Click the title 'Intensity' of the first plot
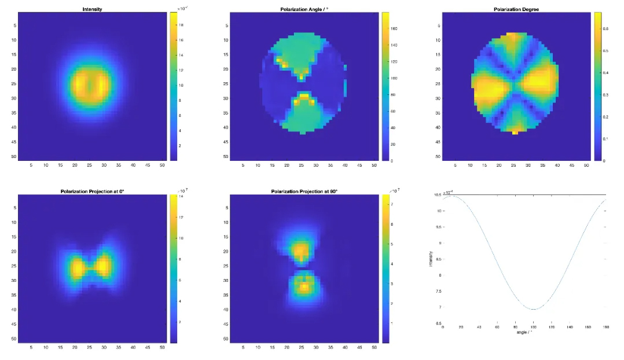[x=93, y=9]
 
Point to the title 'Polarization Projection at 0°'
[x=93, y=191]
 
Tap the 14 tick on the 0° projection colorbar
[x=181, y=197]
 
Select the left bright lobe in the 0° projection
[x=77, y=267]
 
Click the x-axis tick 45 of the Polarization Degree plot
[x=572, y=166]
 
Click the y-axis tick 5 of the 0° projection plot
[x=13, y=207]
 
